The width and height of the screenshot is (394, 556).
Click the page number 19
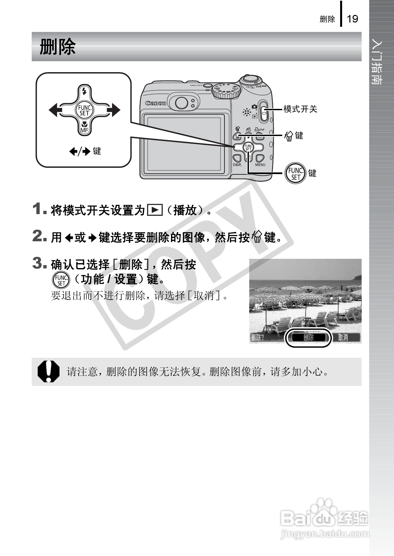[353, 19]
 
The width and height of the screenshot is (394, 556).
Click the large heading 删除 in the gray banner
[58, 47]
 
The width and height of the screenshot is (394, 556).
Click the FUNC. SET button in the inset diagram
[84, 110]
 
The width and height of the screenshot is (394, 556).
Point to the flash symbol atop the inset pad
[84, 91]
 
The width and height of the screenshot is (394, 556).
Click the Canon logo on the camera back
[155, 103]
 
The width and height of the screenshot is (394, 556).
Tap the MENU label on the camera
[260, 164]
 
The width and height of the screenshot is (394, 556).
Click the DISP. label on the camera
[237, 164]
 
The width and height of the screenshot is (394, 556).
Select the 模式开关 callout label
[300, 109]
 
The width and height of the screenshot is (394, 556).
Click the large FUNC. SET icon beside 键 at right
[295, 173]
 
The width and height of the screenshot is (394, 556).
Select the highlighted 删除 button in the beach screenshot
[308, 337]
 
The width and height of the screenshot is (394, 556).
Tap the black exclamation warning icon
[49, 371]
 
